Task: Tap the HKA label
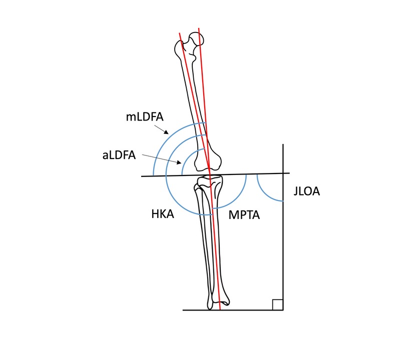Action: [162, 214]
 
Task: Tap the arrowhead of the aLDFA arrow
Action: [181, 163]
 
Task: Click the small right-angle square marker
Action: [278, 304]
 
